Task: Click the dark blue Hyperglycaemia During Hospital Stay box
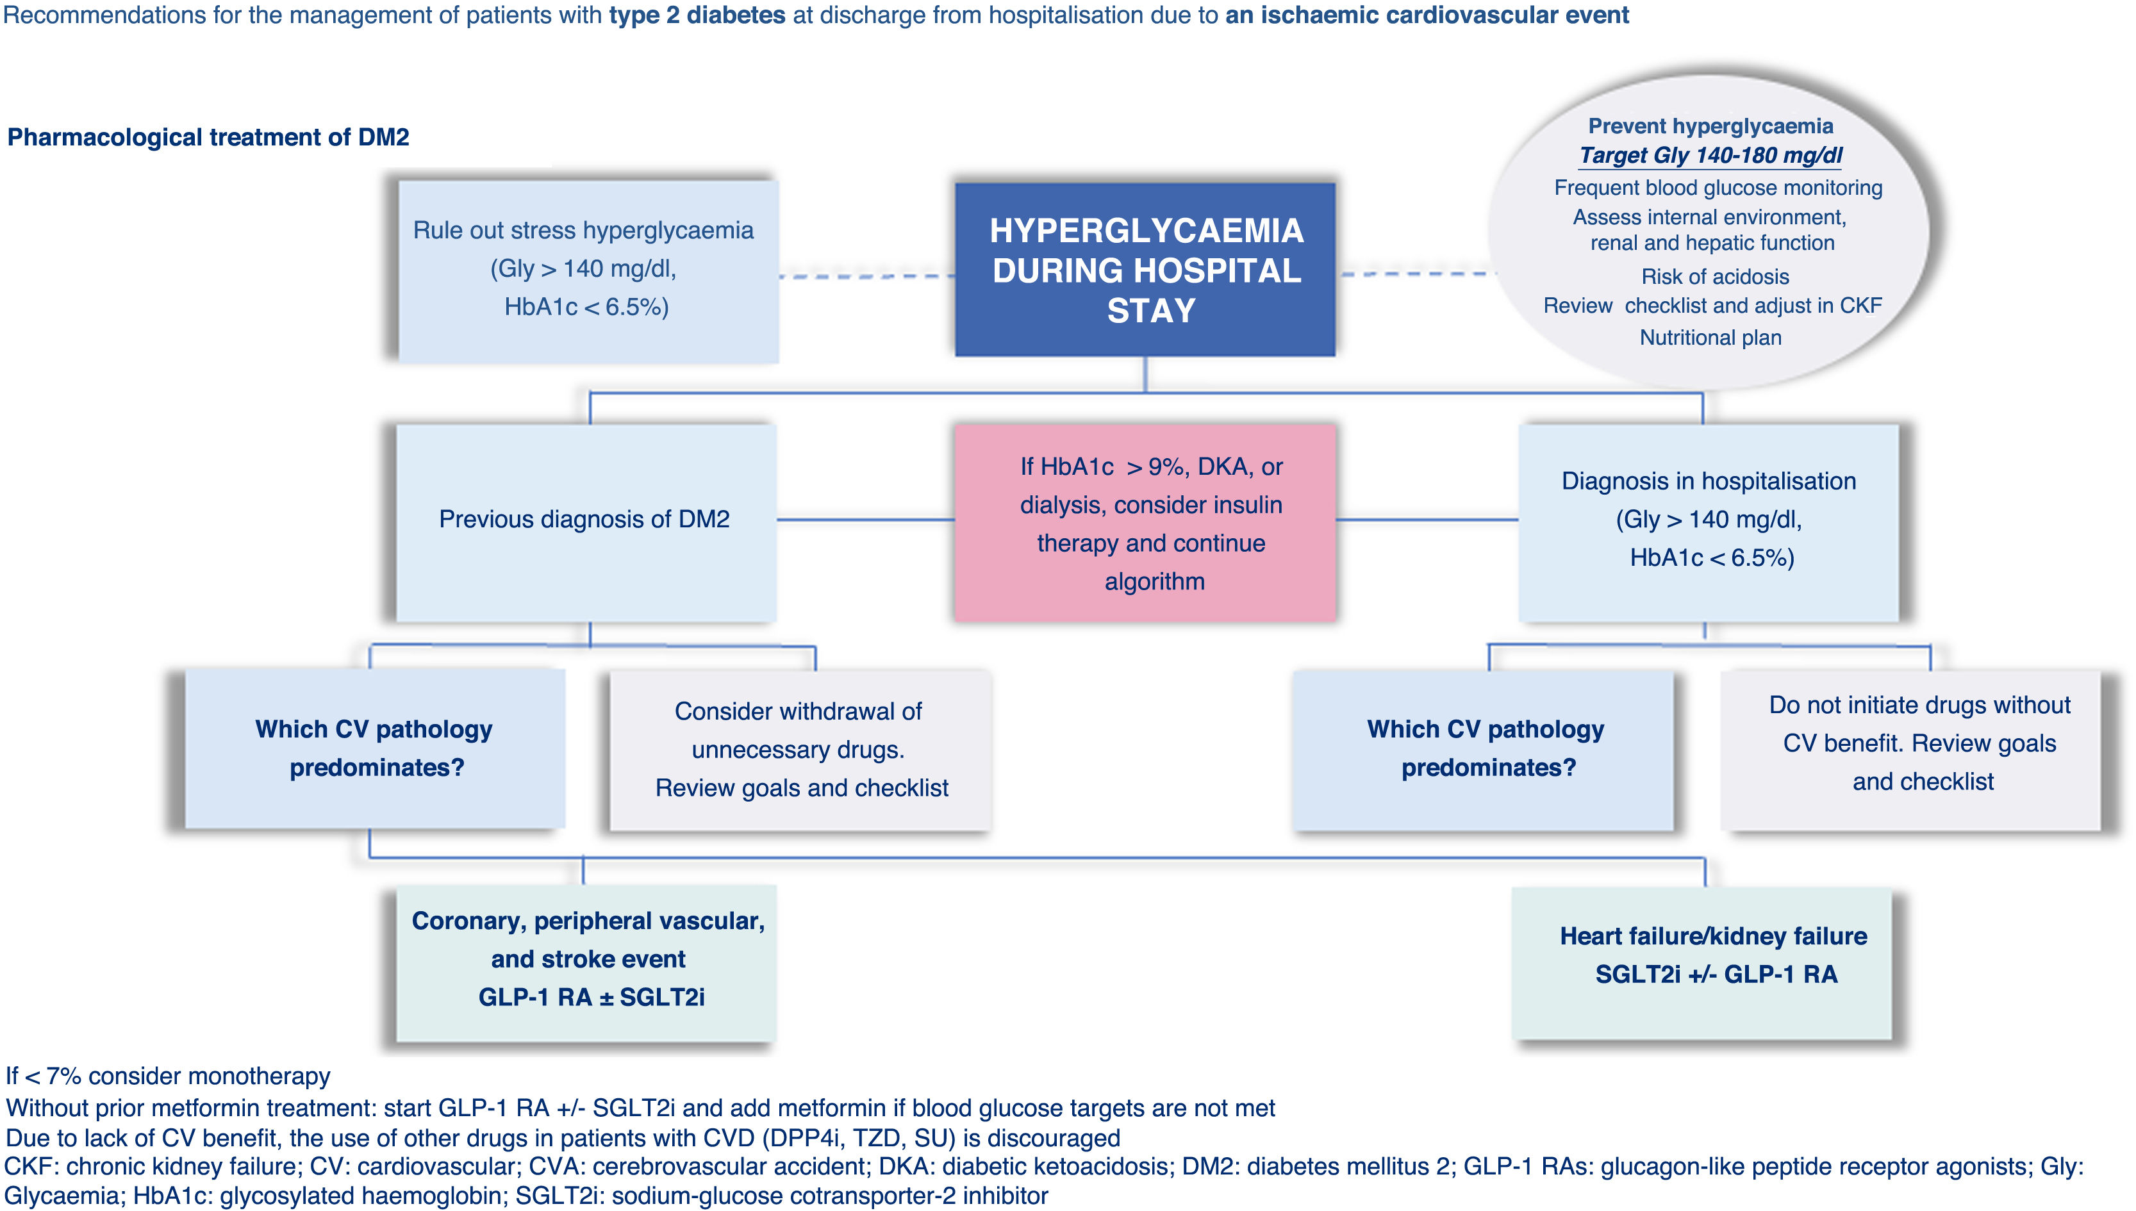click(1145, 270)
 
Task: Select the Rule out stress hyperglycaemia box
click(587, 270)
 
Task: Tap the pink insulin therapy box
click(1145, 523)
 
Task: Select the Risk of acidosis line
click(1714, 276)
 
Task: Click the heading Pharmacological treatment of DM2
click(208, 137)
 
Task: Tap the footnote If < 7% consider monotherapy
click(168, 1076)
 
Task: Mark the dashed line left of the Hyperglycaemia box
click(865, 276)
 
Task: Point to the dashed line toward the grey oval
click(1414, 274)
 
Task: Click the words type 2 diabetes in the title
click(697, 15)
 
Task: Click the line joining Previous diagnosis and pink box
click(865, 520)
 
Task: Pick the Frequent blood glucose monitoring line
click(1718, 188)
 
